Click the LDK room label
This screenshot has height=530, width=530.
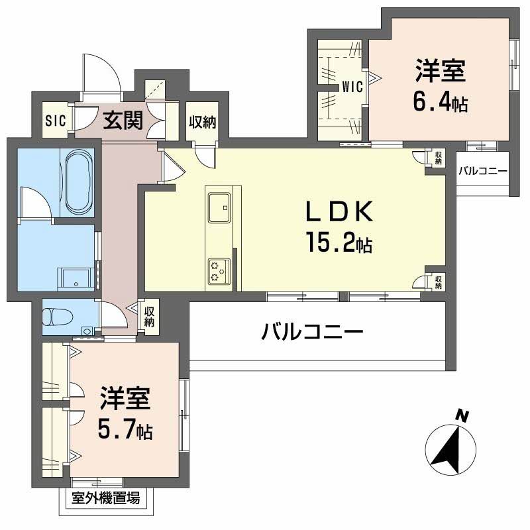[x=340, y=212]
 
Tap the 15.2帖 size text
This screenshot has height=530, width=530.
[x=338, y=243]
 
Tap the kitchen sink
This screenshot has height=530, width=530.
[x=218, y=207]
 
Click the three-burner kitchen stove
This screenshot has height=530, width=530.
[x=218, y=270]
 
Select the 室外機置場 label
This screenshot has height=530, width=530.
[x=106, y=499]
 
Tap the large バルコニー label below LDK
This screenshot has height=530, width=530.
[x=311, y=330]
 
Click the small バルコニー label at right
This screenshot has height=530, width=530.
[x=483, y=171]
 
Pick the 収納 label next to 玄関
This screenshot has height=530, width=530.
[x=201, y=122]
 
